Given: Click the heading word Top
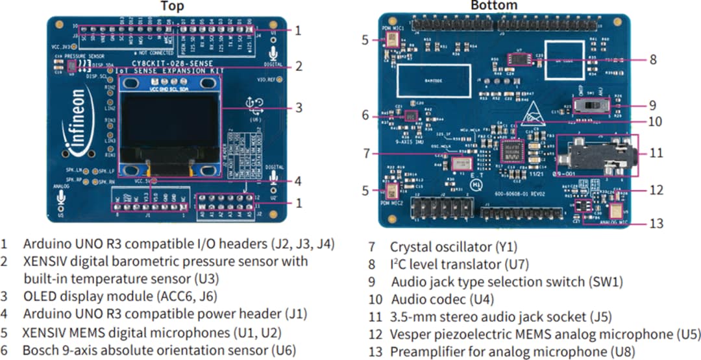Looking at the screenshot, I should [172, 6].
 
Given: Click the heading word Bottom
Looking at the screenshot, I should [495, 6].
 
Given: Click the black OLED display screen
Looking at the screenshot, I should [169, 126].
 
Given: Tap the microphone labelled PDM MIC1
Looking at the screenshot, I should [393, 40].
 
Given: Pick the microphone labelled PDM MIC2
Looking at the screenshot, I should [393, 191].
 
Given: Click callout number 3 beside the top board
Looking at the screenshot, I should [298, 108].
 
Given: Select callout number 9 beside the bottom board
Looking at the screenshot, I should [653, 104].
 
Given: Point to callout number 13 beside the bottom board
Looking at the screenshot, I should [657, 223].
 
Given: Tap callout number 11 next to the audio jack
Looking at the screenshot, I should [656, 154].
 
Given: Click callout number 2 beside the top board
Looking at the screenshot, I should [298, 66].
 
